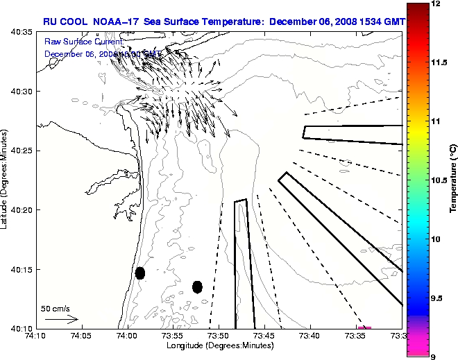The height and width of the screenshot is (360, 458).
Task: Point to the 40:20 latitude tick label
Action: point(22,210)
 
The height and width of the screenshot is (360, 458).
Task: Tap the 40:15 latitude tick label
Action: point(22,269)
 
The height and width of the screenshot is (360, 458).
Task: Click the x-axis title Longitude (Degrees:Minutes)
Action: point(218,345)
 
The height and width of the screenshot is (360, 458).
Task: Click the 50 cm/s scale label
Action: point(56,309)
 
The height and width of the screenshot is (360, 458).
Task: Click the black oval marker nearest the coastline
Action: point(140,273)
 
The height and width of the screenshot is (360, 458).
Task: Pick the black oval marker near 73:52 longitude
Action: point(197,286)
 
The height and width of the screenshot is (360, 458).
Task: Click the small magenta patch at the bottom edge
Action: point(364,327)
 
